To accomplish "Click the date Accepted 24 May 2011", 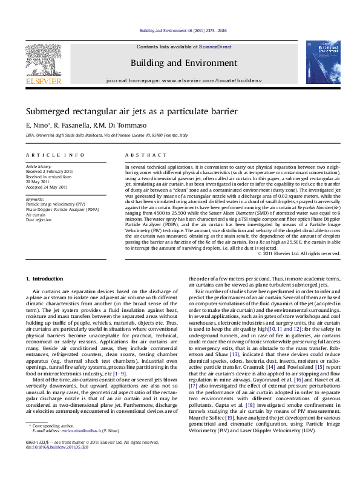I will (47, 187).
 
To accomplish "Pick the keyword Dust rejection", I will (39, 220).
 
